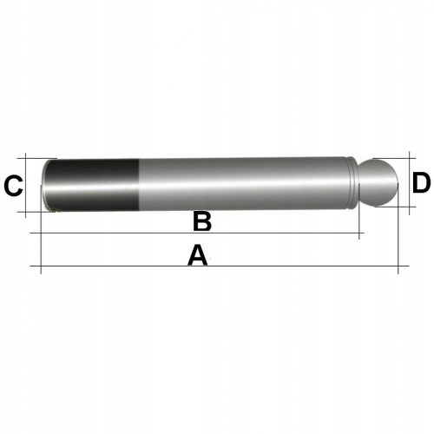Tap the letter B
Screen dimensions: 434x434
pos(201,222)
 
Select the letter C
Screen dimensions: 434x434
pos(13,186)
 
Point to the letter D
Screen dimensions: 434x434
pos(421,183)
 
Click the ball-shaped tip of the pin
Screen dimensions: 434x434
pos(379,183)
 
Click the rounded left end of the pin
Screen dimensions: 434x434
pos(47,185)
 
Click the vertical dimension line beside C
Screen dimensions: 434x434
pos(30,185)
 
